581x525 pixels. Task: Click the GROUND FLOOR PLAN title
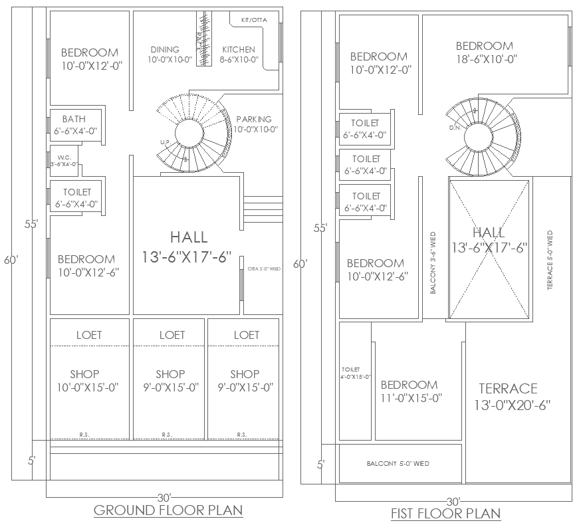168,510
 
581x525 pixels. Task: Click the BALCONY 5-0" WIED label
398,464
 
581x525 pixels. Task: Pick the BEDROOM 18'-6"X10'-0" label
485,52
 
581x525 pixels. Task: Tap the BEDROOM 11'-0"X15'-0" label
409,391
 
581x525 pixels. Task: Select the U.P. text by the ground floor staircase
164,142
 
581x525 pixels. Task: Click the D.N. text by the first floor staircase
455,127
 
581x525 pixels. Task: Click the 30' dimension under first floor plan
453,501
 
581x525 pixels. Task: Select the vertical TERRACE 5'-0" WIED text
550,261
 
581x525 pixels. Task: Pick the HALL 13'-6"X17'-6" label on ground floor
188,247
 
